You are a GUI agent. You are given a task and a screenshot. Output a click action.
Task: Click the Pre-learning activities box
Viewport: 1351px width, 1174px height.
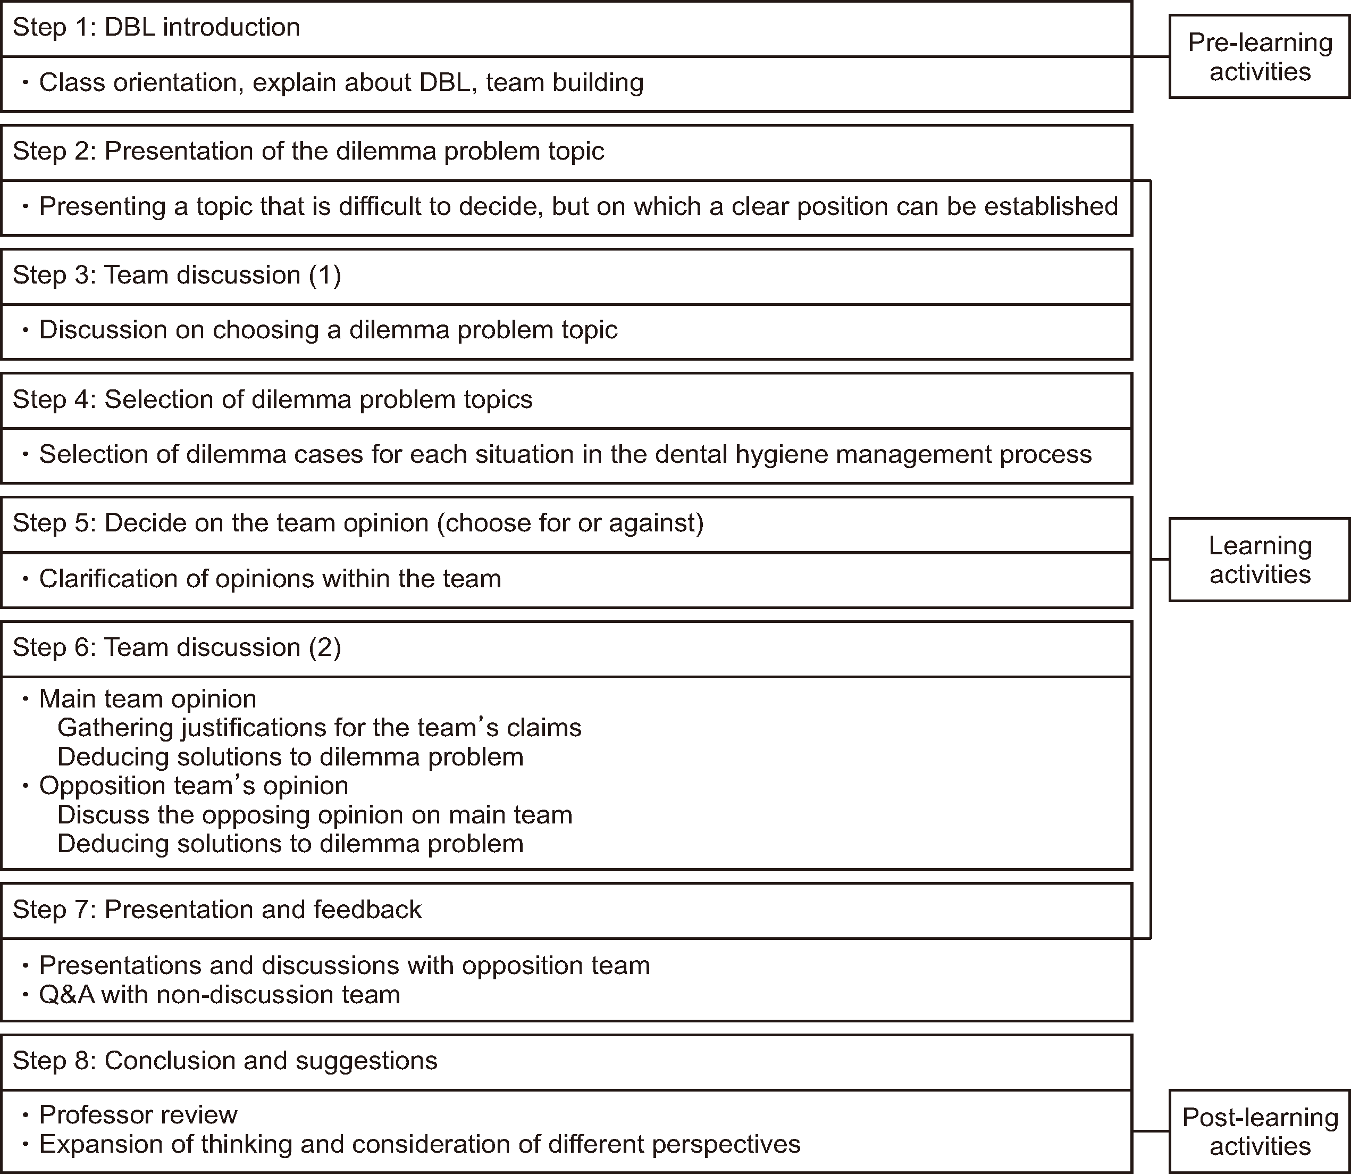point(1260,57)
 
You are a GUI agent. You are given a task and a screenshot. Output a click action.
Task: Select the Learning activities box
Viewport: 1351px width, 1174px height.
point(1260,560)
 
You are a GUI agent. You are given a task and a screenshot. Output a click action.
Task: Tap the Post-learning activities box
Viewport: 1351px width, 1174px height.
point(1260,1131)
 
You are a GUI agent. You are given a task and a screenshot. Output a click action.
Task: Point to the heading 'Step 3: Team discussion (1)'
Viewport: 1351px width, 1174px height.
point(177,275)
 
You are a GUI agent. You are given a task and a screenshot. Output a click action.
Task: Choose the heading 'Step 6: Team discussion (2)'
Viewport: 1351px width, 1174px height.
point(177,647)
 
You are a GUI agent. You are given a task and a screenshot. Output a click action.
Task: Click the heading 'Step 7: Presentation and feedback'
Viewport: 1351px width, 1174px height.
point(217,909)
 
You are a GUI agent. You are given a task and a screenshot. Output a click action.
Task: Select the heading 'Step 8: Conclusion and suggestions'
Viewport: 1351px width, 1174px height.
point(224,1061)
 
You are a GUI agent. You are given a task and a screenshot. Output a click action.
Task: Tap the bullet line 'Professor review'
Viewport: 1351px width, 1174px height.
point(138,1114)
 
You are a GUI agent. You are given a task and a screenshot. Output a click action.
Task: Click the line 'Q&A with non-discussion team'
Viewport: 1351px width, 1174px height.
point(220,995)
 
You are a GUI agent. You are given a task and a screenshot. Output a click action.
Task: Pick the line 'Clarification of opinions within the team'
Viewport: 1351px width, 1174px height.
point(270,578)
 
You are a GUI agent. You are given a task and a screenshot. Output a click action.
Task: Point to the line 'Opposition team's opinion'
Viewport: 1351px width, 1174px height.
point(193,786)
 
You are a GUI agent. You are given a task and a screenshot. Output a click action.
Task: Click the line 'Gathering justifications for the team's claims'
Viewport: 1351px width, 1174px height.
point(319,727)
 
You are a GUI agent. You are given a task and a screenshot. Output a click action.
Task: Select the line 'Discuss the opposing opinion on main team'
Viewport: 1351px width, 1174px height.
point(314,814)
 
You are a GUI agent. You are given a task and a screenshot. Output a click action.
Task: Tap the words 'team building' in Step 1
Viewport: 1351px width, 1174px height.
point(565,82)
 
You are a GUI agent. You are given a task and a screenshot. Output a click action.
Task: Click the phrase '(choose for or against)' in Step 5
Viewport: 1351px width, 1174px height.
point(570,523)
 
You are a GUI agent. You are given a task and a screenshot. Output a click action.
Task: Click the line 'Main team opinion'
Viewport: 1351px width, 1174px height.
point(147,699)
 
